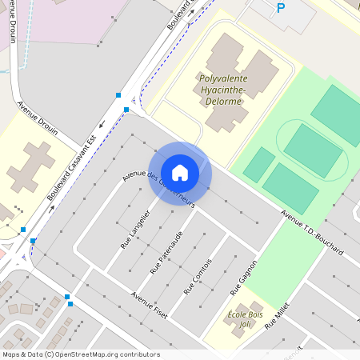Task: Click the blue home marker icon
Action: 180,172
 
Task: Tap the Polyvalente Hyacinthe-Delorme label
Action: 223,90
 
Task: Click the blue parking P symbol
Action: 280,9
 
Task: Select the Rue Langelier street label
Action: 134,230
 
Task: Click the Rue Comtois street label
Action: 198,276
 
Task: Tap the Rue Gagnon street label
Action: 243,278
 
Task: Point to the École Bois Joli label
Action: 245,319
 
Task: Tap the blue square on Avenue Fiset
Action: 70,303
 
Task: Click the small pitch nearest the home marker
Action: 258,164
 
